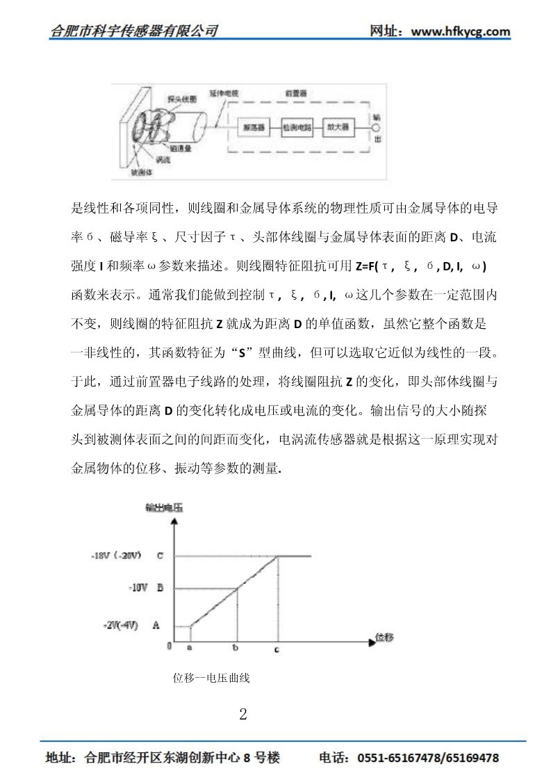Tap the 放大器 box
pyautogui.click(x=340, y=128)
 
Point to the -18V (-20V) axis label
pyautogui.click(x=117, y=556)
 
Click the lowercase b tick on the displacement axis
pyautogui.click(x=236, y=648)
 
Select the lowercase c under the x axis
pyautogui.click(x=277, y=649)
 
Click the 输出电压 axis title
pyautogui.click(x=164, y=508)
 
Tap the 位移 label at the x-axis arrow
pyautogui.click(x=385, y=637)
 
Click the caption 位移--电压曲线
pyautogui.click(x=211, y=678)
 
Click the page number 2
pyautogui.click(x=242, y=714)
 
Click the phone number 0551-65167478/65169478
pyautogui.click(x=427, y=758)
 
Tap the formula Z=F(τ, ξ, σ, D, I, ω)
pyautogui.click(x=420, y=268)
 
